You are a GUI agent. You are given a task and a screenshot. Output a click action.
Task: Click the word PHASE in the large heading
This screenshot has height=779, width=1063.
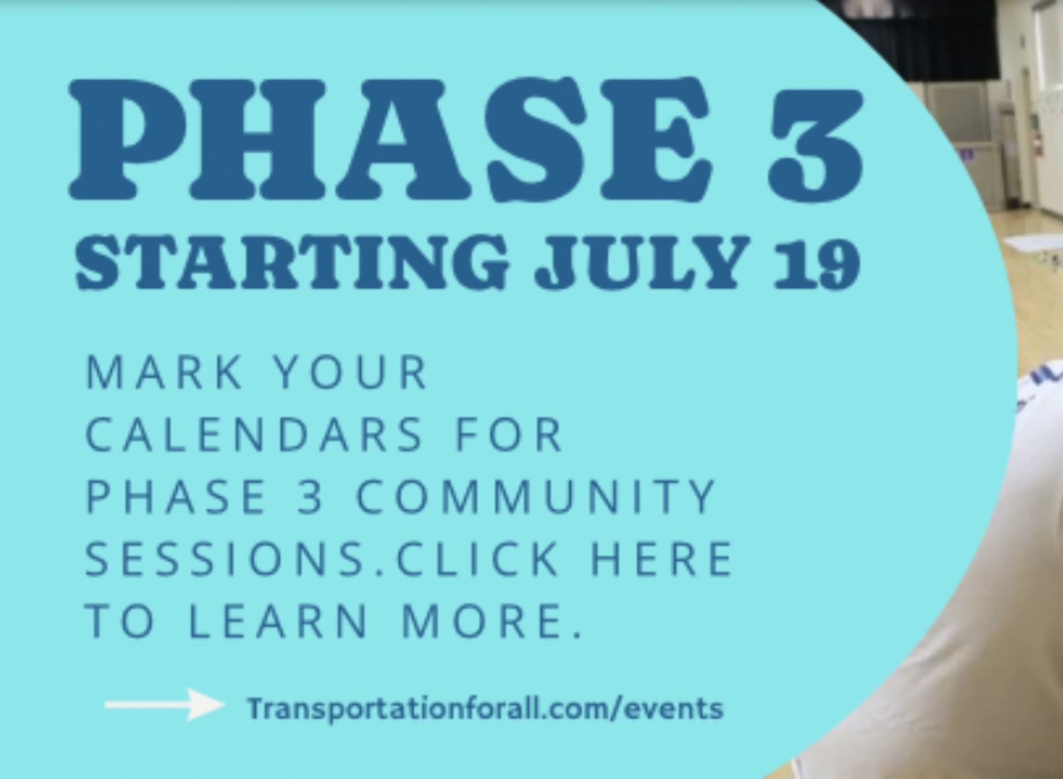coord(389,140)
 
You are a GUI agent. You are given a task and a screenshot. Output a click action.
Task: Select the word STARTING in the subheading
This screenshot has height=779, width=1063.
coord(291,262)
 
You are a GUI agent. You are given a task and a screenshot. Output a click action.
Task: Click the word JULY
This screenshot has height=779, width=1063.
coord(642,262)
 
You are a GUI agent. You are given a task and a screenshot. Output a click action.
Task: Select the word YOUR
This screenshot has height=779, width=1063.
coord(351,373)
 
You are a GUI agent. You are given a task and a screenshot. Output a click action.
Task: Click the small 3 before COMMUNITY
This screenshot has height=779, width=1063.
coord(310,496)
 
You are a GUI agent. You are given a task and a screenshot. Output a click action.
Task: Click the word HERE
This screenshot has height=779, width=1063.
coord(663,559)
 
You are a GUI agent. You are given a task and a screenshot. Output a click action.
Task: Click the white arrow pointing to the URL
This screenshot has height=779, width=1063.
coord(164,705)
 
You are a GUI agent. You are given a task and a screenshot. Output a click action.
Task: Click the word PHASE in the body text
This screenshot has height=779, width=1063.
coord(176,496)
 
